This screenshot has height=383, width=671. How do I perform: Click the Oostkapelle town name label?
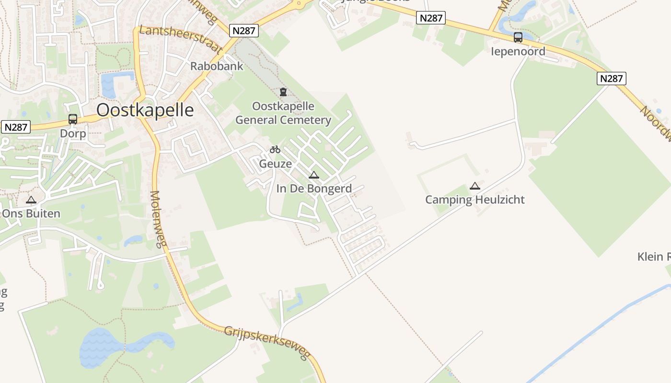pos(145,110)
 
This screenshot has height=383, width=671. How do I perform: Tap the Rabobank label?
pos(217,66)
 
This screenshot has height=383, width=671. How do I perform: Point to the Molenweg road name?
pos(157,219)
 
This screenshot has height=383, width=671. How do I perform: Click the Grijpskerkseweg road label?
pos(267,342)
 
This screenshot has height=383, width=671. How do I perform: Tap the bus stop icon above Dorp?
pos(73,119)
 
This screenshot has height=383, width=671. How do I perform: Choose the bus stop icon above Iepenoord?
pos(518,37)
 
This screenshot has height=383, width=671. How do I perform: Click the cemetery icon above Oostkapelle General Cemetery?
pos(283,92)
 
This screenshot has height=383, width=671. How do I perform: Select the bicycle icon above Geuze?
pos(275,150)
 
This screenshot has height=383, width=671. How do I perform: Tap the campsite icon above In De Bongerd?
pos(314,175)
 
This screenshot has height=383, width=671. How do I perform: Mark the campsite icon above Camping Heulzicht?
pos(475,186)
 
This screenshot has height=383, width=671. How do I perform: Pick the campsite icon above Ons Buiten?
pos(31,200)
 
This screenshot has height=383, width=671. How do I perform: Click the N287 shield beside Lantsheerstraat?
pos(244,31)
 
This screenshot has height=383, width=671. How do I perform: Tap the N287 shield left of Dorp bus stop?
pos(16,127)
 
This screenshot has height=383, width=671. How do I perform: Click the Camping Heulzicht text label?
pos(475,200)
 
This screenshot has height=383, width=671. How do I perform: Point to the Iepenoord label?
pos(518,51)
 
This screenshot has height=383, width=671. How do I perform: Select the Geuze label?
pos(275,164)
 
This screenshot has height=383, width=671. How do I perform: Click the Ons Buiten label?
pos(31,214)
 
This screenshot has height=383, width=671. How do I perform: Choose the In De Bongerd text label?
pos(314,189)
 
